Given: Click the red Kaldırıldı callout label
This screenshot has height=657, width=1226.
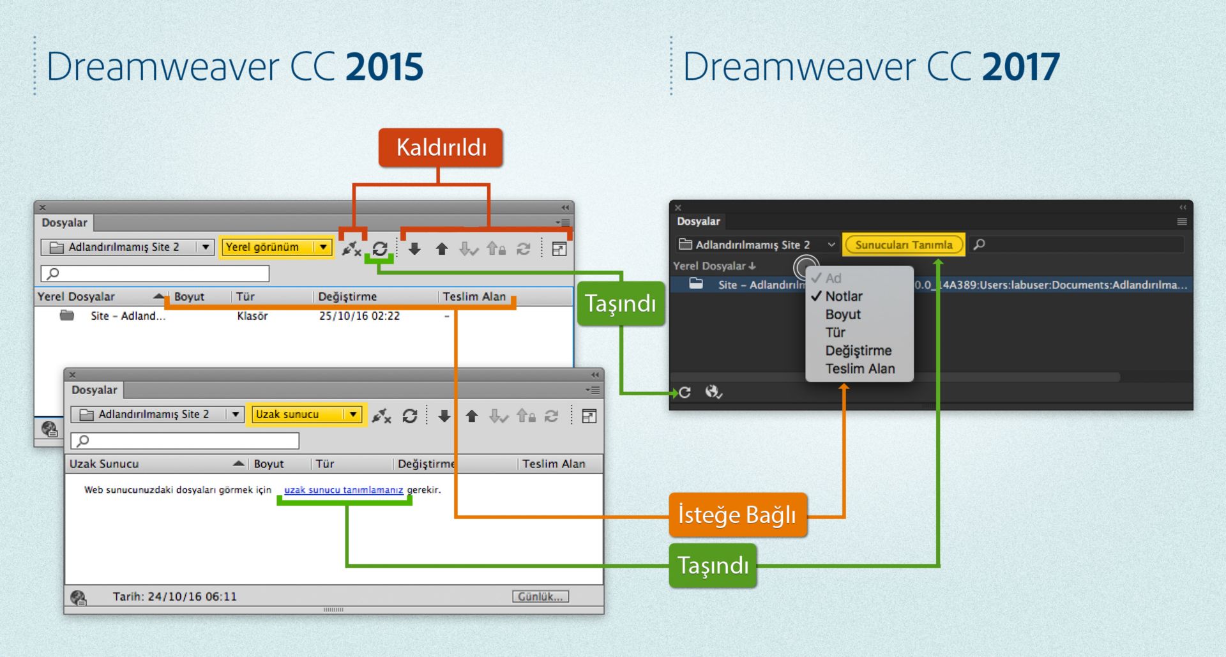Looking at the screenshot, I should [441, 147].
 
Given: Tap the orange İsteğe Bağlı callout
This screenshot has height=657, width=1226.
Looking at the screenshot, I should [737, 515].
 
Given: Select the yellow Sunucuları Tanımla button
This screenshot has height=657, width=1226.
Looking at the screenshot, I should [903, 245].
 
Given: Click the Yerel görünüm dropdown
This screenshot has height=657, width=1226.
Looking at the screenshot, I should [276, 247].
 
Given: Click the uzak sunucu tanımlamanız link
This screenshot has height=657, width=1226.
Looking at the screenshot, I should [344, 490].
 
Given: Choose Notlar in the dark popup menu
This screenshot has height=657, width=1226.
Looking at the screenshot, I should [844, 296].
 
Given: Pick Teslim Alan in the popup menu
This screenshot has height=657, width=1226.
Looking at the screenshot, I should [859, 368].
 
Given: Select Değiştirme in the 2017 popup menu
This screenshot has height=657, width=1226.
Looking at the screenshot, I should [858, 351].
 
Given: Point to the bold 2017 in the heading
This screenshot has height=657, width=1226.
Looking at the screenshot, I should [1020, 67].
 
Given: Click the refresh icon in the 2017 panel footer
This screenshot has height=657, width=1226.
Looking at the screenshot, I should [685, 392].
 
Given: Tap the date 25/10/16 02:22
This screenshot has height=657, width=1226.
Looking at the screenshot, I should [359, 316].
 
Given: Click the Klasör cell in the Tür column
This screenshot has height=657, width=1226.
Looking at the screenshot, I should [252, 316].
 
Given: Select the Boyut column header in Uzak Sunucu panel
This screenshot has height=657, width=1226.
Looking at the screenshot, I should [269, 464].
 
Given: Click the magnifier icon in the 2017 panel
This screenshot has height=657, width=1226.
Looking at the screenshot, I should [979, 245].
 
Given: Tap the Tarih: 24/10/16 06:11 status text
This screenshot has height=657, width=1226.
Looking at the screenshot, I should [174, 596].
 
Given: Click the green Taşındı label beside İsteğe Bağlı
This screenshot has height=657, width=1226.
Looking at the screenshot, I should [713, 566].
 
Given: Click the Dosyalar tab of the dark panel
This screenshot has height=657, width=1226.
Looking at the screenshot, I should [698, 222].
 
